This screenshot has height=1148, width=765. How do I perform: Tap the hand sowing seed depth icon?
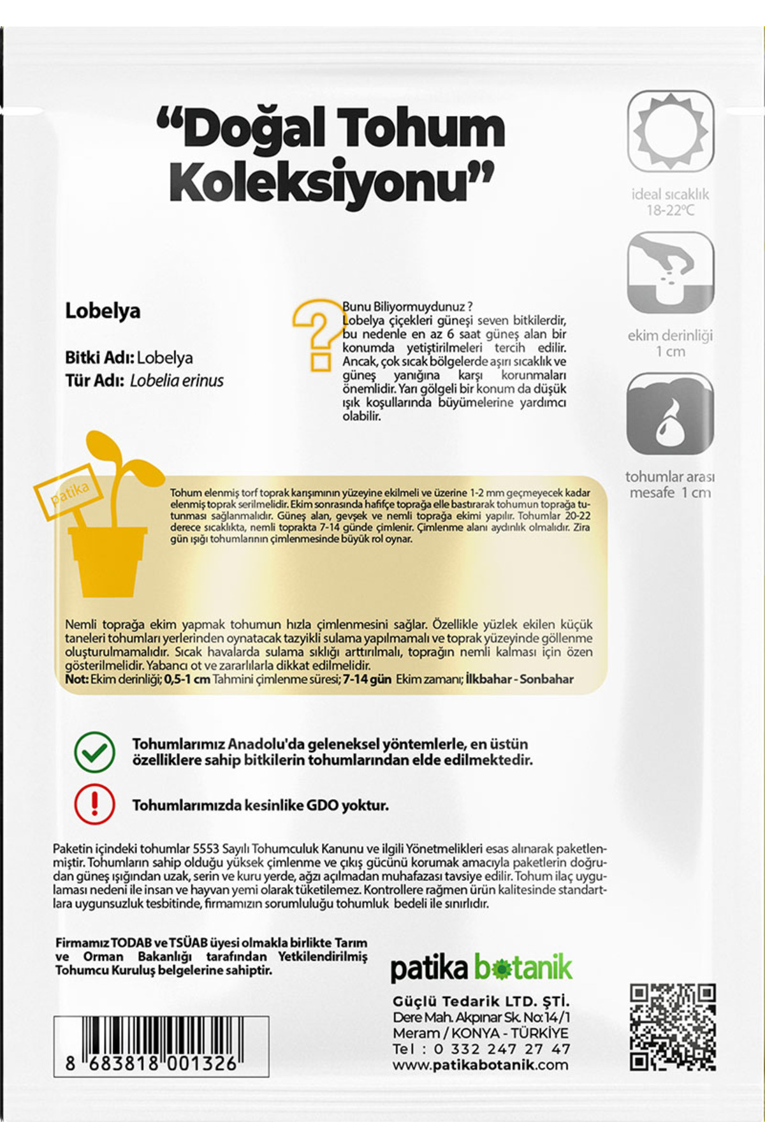click(671, 272)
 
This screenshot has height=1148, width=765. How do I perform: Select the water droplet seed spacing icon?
click(670, 414)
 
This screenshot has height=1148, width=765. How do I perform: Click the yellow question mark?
click(317, 334)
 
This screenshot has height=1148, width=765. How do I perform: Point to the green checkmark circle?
click(94, 752)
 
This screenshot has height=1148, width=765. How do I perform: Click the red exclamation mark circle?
click(94, 804)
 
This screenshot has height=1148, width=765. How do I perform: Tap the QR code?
click(672, 1027)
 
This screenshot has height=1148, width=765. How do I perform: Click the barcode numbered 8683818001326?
click(161, 1045)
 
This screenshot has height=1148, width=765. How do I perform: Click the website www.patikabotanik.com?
click(480, 1065)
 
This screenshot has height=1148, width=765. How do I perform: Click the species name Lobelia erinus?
click(177, 381)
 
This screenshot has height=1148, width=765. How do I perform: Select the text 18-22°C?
click(670, 210)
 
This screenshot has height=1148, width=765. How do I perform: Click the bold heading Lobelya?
click(103, 311)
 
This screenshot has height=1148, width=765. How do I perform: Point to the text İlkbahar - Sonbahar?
click(520, 679)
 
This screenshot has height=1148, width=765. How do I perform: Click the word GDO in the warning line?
click(323, 806)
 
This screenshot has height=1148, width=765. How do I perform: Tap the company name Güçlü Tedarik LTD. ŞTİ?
click(481, 1001)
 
